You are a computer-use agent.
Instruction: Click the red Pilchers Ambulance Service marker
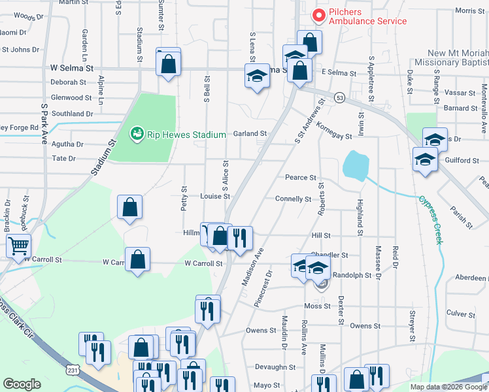[x=319, y=14]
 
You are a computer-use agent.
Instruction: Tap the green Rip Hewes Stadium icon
[x=137, y=135]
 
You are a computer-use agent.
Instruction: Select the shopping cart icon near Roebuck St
[x=19, y=246]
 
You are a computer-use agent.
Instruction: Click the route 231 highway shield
[x=72, y=370]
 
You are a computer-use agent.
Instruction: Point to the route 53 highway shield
[x=339, y=97]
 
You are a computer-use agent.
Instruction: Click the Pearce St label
[x=300, y=177]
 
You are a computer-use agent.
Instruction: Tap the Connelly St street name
[x=293, y=199]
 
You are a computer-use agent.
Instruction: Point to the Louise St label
[x=215, y=196]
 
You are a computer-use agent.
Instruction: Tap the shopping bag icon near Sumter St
[x=169, y=63]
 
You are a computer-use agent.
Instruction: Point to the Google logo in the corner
[x=22, y=384]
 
